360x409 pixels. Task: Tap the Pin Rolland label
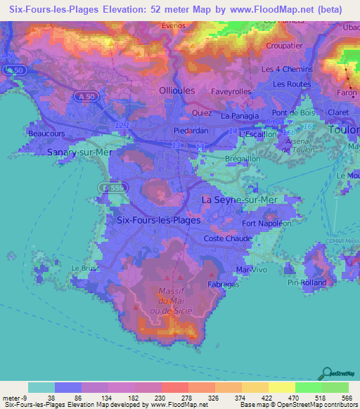click(303, 283)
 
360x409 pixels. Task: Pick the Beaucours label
click(46, 132)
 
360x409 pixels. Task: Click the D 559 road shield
click(104, 189)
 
